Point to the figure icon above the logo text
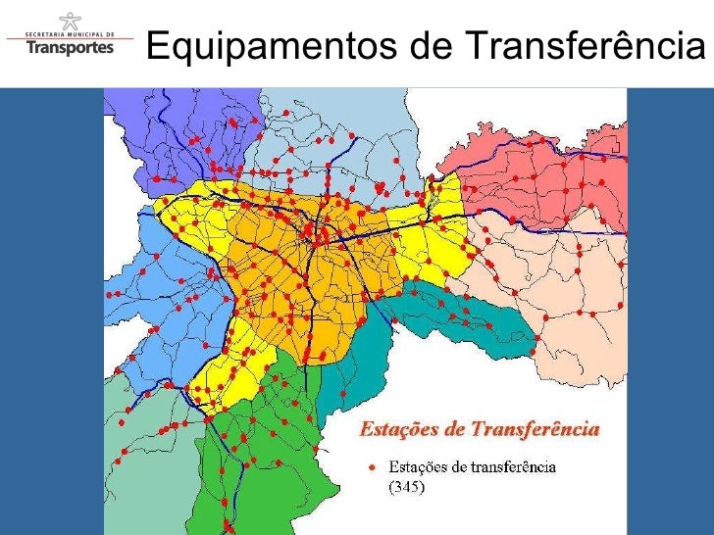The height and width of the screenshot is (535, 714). point(70,19)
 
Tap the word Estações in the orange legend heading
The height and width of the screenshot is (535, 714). point(395,429)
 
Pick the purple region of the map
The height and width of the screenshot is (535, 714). point(147,127)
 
